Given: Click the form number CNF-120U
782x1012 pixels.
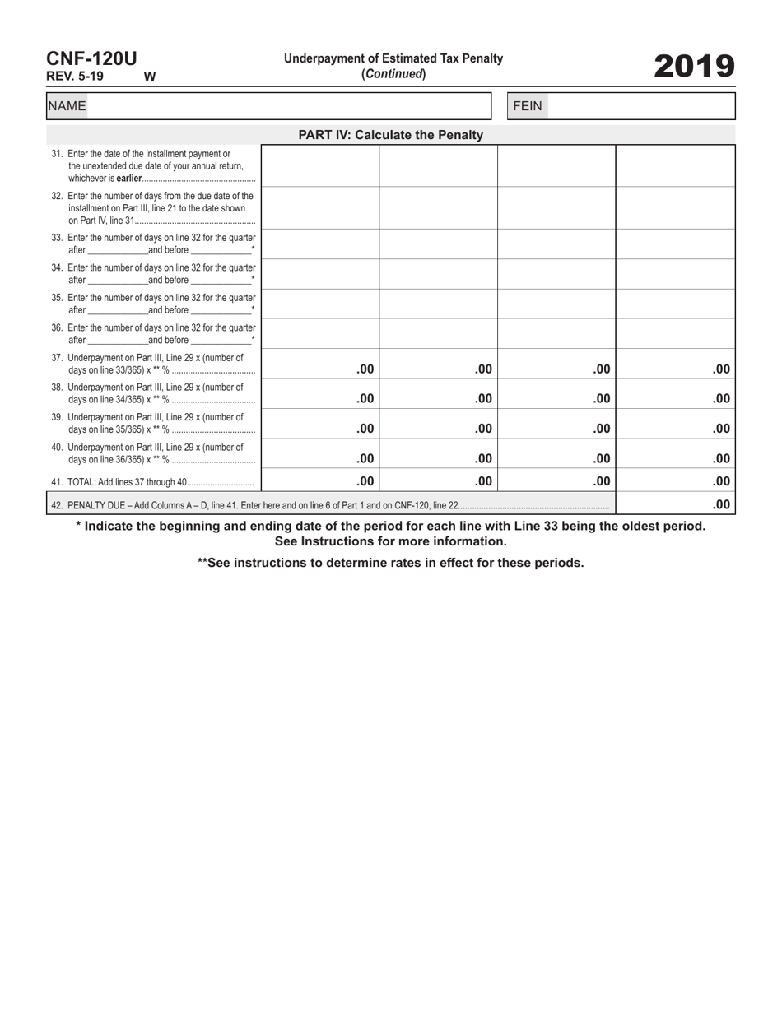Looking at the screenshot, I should coord(91,58).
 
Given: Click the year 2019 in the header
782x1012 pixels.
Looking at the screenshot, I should coord(694,66).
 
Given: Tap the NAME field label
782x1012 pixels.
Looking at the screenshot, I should coord(67,106).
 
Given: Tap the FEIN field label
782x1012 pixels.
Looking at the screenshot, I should coord(528,106).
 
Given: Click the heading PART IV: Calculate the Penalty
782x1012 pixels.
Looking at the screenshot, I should coord(390,135).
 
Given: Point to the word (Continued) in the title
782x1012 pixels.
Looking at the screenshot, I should coord(393,74).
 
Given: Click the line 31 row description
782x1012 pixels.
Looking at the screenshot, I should coord(153,165).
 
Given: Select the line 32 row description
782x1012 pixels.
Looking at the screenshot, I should coord(153,208).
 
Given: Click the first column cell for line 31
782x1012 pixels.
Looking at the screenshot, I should coord(320,165).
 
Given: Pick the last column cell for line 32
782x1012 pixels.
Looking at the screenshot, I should coord(675,208).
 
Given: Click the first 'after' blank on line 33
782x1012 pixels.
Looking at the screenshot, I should coord(117,250).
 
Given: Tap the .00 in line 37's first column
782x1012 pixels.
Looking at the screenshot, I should coord(365,369).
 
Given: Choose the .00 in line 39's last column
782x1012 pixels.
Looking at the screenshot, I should coord(721,429).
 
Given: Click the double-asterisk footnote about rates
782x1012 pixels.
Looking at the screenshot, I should coord(390,563).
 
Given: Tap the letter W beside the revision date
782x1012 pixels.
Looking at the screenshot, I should coord(150,77).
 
